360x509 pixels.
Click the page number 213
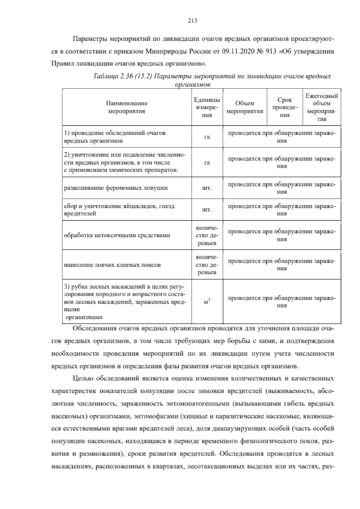pos(192,20)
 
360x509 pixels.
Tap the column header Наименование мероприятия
pos(127,107)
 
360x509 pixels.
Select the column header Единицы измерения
pos(207,107)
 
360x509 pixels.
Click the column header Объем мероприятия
pos(244,107)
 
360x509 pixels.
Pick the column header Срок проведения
pos(285,107)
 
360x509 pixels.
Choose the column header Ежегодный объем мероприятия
pos(322,107)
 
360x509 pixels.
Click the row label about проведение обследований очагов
pos(115,137)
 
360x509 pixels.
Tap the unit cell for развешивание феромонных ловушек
pos(207,188)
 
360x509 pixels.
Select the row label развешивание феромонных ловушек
pos(116,188)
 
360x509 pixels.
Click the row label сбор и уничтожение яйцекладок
pos(119,210)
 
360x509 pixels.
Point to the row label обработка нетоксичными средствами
pos(117,235)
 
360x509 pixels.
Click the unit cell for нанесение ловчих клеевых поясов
pos(207,265)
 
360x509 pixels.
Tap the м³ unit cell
pos(207,302)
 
